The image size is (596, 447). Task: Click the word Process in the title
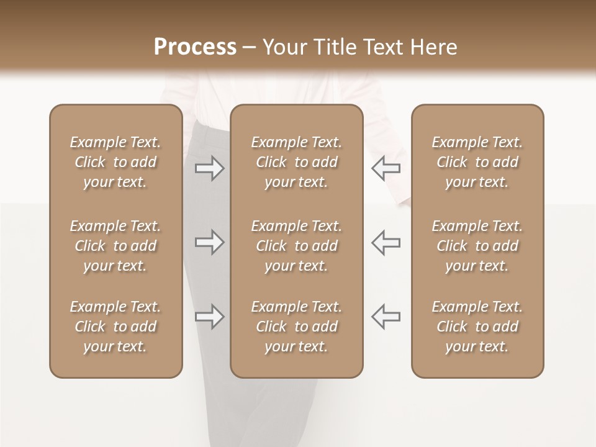195,47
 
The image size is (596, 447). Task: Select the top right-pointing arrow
209,168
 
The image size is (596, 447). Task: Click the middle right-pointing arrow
209,242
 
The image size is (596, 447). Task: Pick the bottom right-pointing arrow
209,317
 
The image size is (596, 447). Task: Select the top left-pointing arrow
386,168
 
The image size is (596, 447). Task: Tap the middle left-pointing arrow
386,242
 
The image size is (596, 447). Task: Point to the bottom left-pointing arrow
386,317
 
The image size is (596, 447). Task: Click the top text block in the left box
115,162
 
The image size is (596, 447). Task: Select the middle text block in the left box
115,246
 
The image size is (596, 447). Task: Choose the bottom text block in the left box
115,327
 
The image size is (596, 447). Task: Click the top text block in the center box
297,162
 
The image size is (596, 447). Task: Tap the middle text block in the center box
297,246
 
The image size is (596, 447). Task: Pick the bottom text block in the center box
297,327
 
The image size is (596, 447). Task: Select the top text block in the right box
477,162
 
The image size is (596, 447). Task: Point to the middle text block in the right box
477,246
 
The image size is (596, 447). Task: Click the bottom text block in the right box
477,327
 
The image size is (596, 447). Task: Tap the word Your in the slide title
283,47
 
